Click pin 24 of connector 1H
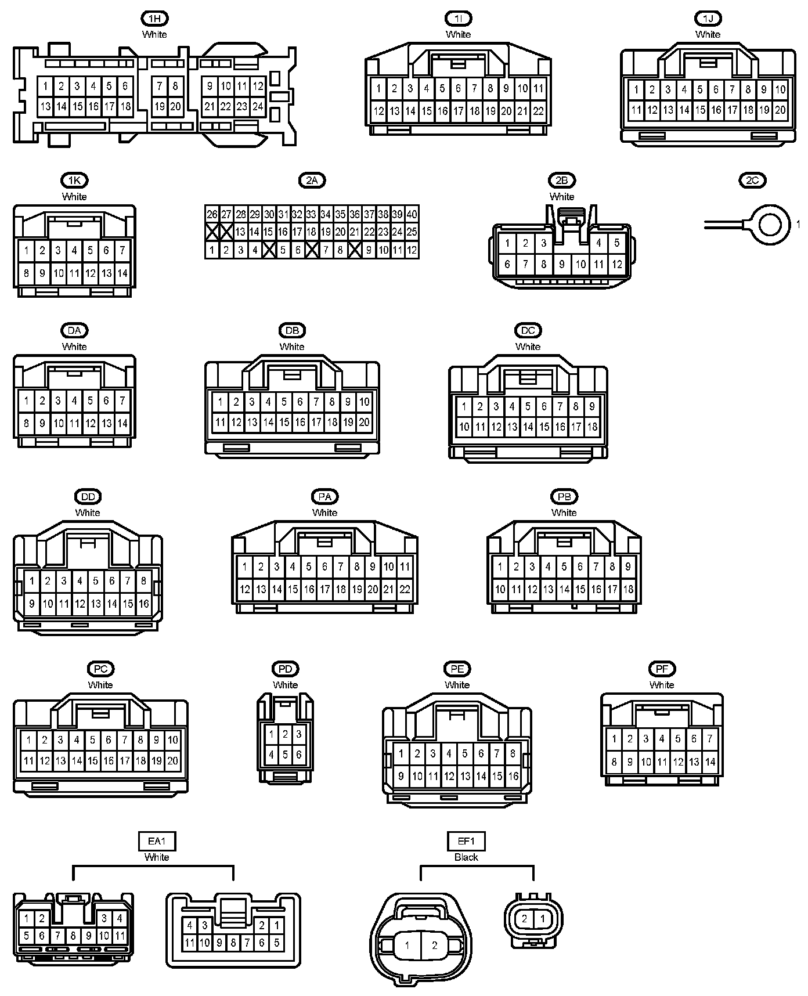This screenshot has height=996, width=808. [x=258, y=107]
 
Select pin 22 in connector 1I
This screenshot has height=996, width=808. [x=538, y=111]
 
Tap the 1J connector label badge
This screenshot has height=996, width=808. [x=708, y=19]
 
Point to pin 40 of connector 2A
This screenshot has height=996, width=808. [x=412, y=214]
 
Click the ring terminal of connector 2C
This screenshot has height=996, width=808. [x=770, y=224]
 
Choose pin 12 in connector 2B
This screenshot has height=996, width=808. [x=616, y=265]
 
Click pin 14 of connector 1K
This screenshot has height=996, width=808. [x=122, y=273]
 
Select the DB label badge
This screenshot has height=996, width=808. [x=292, y=331]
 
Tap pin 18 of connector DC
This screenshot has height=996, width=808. [x=592, y=427]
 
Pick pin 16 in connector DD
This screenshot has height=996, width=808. [x=143, y=604]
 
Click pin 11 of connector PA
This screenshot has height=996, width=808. [x=405, y=567]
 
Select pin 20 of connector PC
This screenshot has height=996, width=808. [x=173, y=761]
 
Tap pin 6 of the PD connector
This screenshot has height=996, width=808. [x=298, y=755]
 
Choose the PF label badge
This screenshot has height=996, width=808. [x=662, y=669]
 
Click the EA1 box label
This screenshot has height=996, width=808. [x=157, y=841]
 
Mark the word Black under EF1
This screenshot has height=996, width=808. [x=466, y=857]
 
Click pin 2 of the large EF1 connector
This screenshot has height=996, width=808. [x=435, y=946]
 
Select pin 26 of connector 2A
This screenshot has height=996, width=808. [x=212, y=214]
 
